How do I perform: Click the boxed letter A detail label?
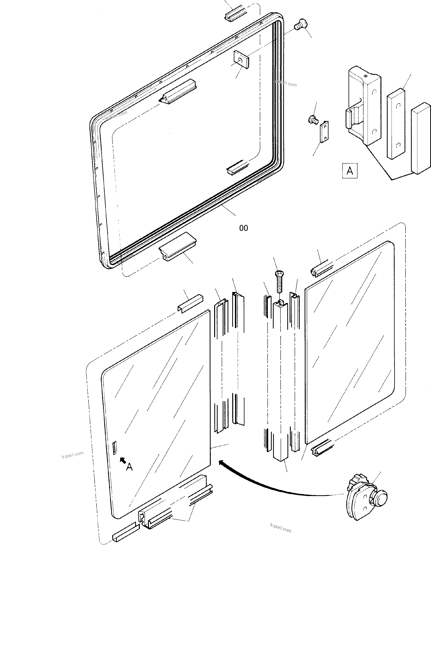pos(350,171)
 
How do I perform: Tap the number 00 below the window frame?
pos(244,228)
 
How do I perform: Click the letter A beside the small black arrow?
pos(130,467)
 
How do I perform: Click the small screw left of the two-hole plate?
pos(313,120)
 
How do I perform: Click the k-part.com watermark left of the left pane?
pos(73,454)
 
